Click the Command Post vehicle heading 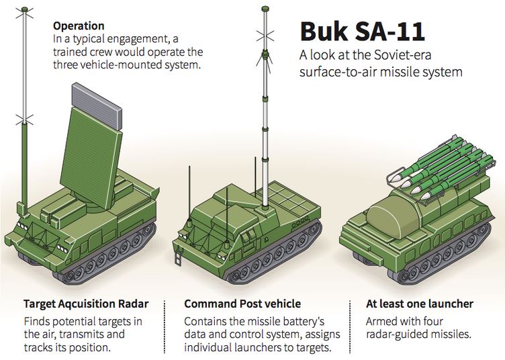[x=242, y=304]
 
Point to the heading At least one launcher [x=419, y=304]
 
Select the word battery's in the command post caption [x=314, y=321]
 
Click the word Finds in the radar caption [x=36, y=321]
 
